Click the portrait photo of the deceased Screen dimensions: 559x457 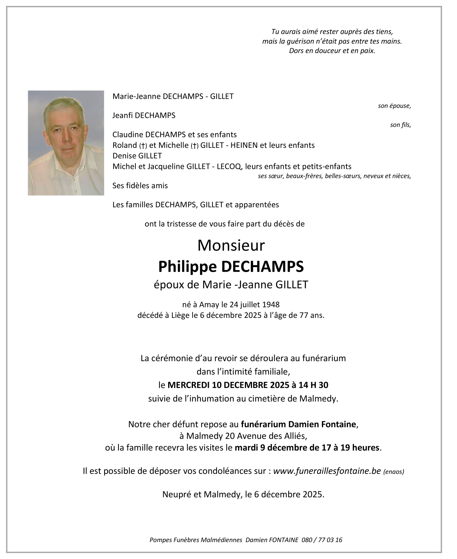[x=66, y=143]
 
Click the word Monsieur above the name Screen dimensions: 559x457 [x=231, y=245]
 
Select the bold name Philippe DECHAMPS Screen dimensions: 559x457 [x=231, y=266]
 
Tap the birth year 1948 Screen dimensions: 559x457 [x=271, y=304]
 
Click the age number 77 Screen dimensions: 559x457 [x=304, y=315]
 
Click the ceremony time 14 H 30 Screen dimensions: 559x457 [x=313, y=385]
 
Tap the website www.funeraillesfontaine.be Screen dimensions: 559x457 [x=327, y=471]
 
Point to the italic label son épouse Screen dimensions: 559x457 [x=394, y=106]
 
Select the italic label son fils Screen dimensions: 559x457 [x=400, y=125]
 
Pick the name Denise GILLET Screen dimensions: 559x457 [x=137, y=156]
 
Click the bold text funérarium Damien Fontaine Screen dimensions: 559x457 [x=298, y=424]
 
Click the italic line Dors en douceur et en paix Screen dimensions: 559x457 [x=332, y=51]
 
